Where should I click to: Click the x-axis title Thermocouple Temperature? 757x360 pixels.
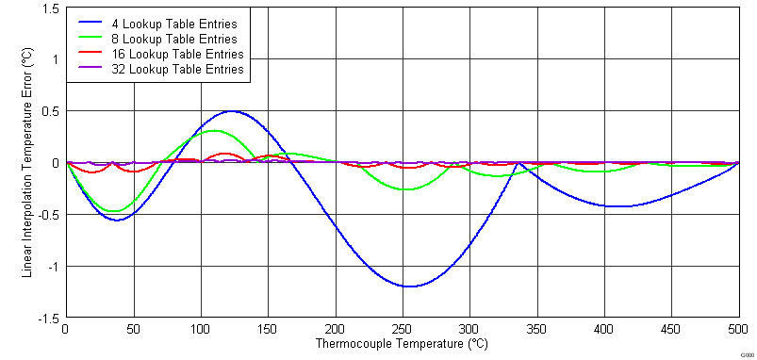click(402, 345)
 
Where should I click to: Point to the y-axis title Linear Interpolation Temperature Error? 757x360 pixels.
click(27, 163)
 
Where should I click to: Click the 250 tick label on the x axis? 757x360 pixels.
click(403, 330)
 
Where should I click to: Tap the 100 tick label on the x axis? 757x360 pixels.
click(200, 330)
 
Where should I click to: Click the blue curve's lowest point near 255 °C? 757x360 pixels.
click(408, 286)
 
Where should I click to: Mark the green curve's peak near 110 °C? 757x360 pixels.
click(214, 131)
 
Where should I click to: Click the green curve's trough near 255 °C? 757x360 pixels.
click(406, 189)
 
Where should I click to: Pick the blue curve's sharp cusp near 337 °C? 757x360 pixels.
click(518, 163)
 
